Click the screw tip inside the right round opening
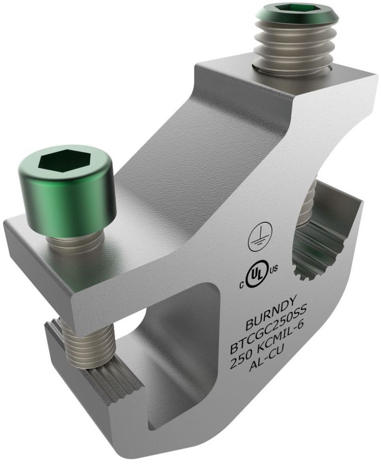[x=306, y=204]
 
